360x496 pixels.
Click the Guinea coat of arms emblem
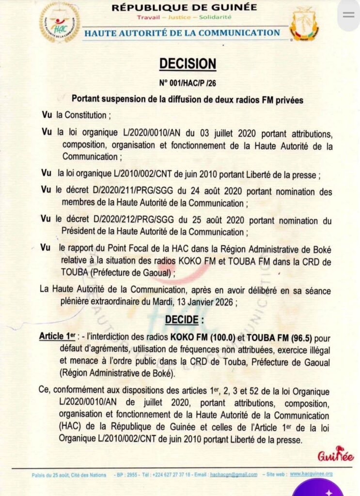[304, 23]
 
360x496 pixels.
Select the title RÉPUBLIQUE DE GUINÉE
[184, 7]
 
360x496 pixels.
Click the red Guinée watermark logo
[335, 456]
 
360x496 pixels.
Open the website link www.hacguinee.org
[311, 474]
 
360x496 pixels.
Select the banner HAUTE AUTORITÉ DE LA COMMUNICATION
[182, 33]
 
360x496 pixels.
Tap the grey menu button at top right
[348, 15]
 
